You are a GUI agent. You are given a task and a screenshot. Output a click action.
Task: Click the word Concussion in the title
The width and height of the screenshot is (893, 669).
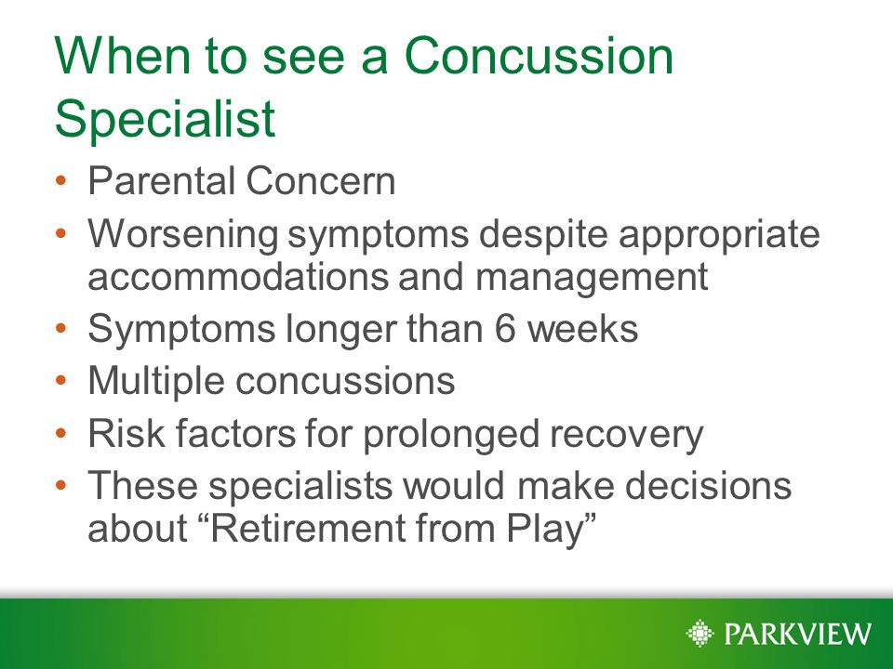[539, 55]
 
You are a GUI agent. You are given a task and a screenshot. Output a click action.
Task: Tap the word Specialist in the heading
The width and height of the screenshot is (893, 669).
[166, 120]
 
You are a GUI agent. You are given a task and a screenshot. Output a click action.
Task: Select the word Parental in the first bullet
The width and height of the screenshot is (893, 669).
[162, 181]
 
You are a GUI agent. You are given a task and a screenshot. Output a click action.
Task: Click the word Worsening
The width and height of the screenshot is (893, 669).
[183, 234]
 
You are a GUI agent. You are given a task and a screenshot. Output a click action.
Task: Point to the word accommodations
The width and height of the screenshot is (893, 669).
[237, 277]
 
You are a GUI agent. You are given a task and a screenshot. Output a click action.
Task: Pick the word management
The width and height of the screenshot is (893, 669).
[592, 278]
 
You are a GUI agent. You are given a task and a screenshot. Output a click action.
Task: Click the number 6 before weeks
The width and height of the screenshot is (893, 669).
[504, 329]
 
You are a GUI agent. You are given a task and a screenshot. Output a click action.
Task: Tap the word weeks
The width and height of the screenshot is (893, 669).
[582, 329]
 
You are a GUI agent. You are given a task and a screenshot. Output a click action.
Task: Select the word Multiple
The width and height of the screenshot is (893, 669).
[156, 381]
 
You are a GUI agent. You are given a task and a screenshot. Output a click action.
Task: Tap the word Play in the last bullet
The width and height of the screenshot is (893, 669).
[545, 529]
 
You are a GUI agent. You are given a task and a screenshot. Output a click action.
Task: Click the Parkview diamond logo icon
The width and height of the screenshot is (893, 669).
[700, 633]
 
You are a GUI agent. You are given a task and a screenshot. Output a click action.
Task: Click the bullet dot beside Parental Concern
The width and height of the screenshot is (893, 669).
[61, 181]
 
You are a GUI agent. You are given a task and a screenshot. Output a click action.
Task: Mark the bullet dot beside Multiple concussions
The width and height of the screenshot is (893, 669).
[61, 380]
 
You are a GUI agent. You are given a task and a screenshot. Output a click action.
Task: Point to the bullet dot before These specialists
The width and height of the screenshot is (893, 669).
[61, 486]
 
